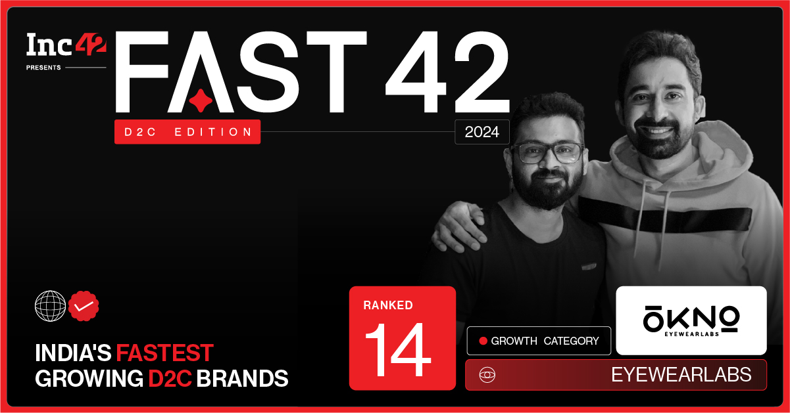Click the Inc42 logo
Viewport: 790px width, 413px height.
(66, 45)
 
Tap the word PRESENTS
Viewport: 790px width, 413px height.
(43, 68)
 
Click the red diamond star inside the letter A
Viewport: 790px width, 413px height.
(201, 100)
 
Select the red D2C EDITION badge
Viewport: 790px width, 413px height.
(187, 132)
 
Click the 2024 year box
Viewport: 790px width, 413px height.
(481, 132)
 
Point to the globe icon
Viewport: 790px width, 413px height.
(50, 306)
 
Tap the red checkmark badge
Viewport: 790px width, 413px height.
(84, 306)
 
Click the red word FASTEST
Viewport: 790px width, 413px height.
(164, 353)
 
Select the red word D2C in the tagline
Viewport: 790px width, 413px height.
(170, 378)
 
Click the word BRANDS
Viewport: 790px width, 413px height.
(242, 378)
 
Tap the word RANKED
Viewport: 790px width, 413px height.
(388, 305)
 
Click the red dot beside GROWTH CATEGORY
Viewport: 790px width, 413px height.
(483, 341)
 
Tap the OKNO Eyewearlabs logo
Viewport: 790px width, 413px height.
(691, 321)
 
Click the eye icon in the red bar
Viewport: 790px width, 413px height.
(487, 375)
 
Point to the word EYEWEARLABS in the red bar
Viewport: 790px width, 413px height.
(681, 375)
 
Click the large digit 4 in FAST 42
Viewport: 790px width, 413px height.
(416, 72)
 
